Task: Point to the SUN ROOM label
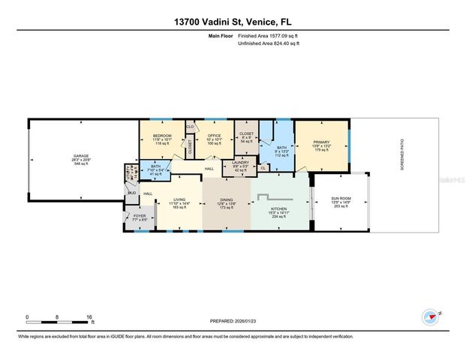341,199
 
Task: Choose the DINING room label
227,199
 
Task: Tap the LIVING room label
179,199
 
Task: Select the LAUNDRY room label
240,162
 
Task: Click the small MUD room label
131,193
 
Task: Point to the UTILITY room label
128,169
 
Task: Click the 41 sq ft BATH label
155,166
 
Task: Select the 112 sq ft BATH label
281,148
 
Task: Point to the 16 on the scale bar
89,317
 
